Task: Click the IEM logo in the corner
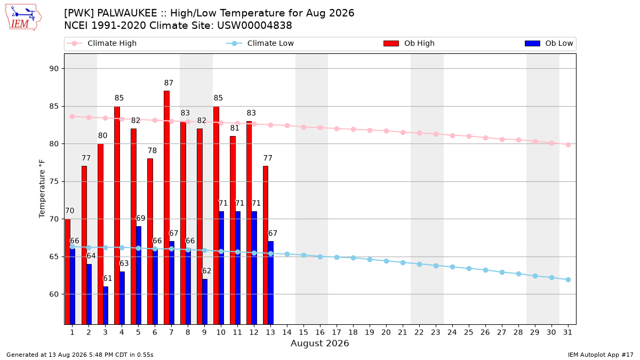pos(23,17)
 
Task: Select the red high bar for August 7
pos(166,207)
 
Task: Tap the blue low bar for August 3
pos(106,305)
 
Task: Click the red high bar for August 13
pos(266,245)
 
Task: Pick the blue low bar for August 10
pos(221,268)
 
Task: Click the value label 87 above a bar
pos(169,83)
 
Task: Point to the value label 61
pos(107,278)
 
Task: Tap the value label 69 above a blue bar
pos(141,218)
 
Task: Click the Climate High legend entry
pos(102,43)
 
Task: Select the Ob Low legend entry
pos(549,43)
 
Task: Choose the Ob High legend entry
pos(409,43)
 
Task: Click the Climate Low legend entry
pos(260,43)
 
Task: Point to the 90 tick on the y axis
pos(54,69)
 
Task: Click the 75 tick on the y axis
pos(54,181)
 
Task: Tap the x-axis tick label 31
pos(567,332)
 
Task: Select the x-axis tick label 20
pos(386,332)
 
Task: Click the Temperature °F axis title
pos(42,189)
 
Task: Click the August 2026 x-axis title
pos(319,343)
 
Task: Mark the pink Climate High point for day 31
pos(569,145)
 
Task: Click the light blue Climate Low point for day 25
pos(469,269)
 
